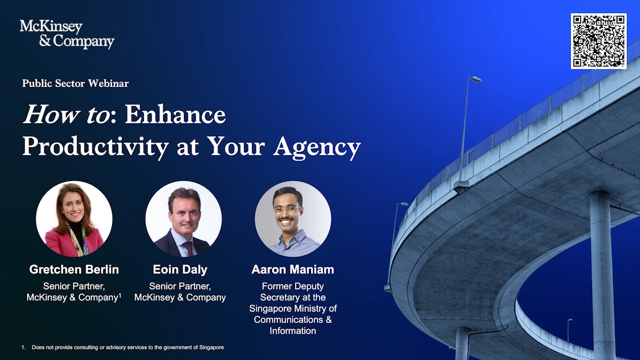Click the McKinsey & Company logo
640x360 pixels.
tap(66, 34)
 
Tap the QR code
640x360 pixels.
tap(598, 41)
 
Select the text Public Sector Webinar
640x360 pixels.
tap(75, 83)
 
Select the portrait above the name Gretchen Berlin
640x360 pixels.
tap(74, 219)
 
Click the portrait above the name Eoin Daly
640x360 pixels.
tap(183, 219)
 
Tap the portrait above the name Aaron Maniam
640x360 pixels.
tap(292, 219)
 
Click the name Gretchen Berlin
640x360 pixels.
tap(74, 269)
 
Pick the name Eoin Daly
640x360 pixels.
tap(180, 269)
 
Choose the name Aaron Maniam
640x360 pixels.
tap(292, 269)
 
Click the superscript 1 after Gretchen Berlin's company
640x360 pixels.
tap(120, 295)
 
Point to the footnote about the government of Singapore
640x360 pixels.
tap(127, 347)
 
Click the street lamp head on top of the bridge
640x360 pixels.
tap(476, 79)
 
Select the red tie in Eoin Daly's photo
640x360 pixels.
tap(188, 248)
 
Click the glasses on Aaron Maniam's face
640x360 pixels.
tap(287, 209)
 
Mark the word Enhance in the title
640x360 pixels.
tap(175, 115)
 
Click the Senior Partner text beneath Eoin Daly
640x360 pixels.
tap(180, 286)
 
